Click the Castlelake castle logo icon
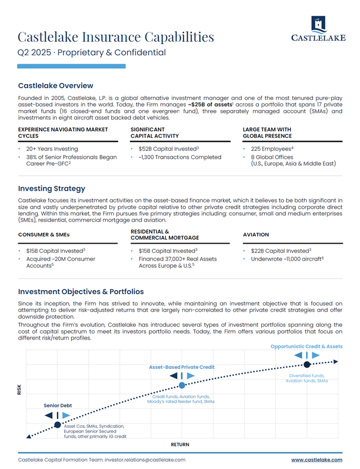pos(318,25)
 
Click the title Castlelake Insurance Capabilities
pos(116,37)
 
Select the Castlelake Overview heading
pos(55,85)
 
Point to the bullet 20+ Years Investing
pos(52,149)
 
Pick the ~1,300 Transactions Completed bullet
pos(179,157)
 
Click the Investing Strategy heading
pos(52,189)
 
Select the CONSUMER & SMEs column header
pos(44,234)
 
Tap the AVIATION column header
pos(256,234)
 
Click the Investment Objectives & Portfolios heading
pos(81,292)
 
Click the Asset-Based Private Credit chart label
pos(182,367)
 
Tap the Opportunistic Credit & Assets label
pos(306,347)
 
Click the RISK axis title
pos(19,389)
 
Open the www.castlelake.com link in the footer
pos(316,460)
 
